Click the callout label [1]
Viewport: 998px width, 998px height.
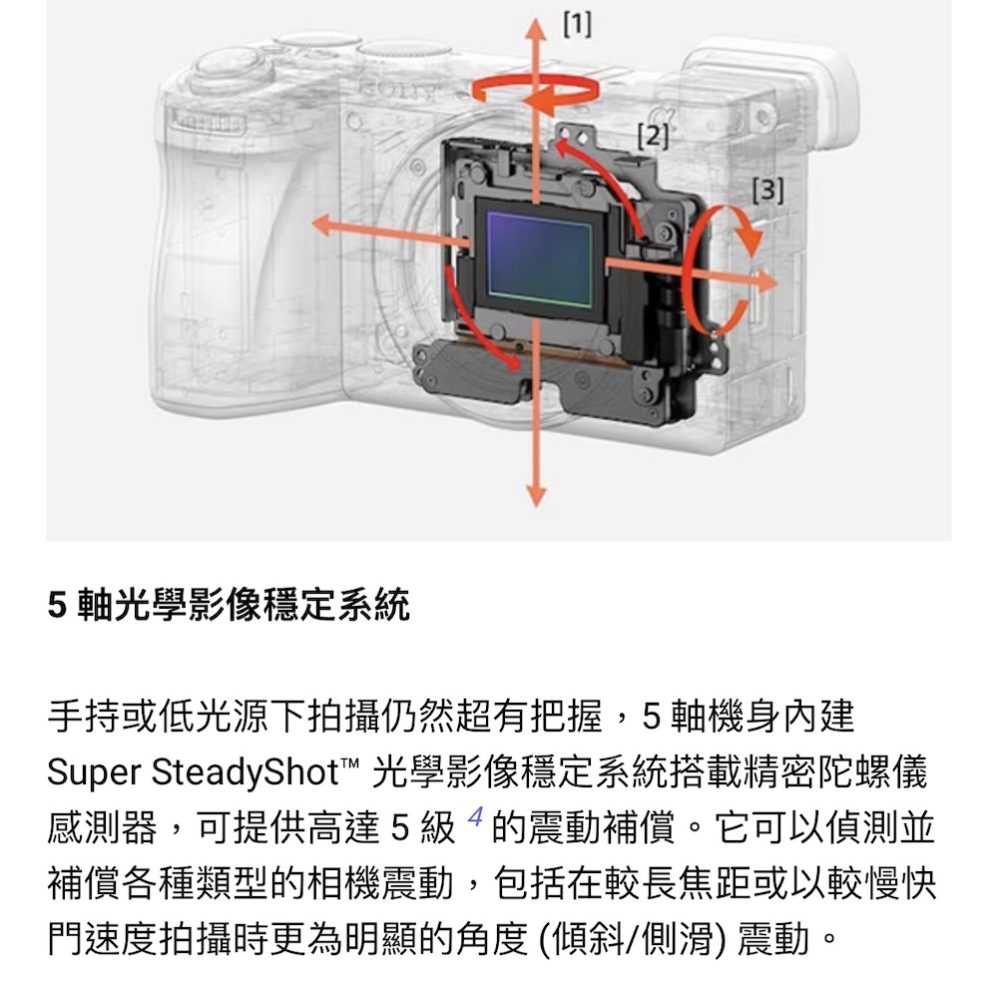click(577, 24)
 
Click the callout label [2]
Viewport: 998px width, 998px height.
click(653, 136)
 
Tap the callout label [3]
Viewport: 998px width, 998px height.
click(768, 190)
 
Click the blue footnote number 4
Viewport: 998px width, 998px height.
click(475, 816)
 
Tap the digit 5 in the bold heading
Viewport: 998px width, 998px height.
click(57, 605)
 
